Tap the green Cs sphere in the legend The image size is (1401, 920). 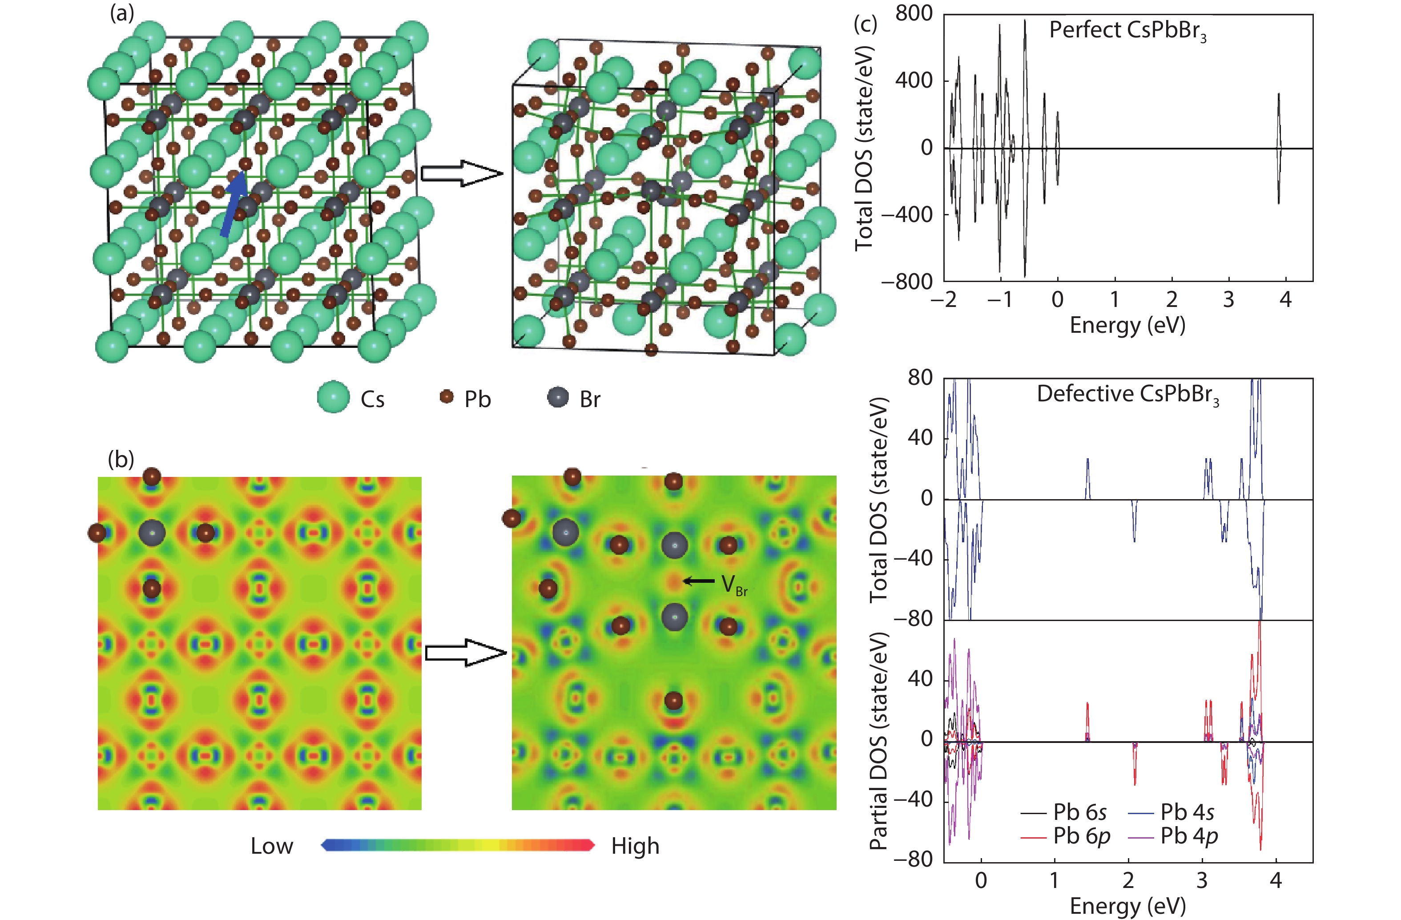(x=334, y=396)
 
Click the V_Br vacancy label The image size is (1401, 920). (x=733, y=585)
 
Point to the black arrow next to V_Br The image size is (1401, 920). (x=699, y=581)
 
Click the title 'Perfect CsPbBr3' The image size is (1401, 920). (x=1127, y=31)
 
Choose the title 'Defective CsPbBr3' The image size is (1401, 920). (x=1127, y=394)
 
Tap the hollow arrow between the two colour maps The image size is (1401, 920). (x=466, y=653)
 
